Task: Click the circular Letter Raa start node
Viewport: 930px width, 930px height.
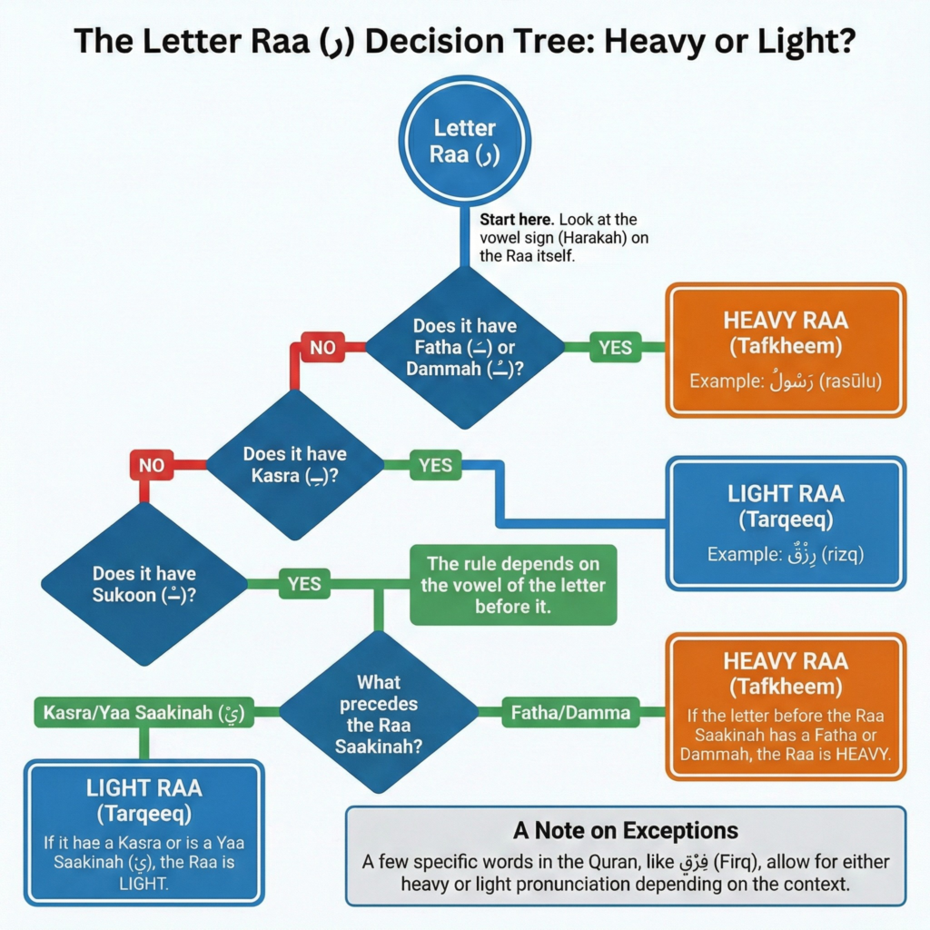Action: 464,141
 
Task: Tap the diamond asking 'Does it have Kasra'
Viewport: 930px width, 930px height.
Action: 295,463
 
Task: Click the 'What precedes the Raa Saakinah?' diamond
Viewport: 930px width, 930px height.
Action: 379,714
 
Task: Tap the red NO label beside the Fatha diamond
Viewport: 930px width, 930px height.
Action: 322,346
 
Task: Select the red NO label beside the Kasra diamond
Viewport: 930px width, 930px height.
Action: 152,466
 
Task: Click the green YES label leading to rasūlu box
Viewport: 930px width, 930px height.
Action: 616,346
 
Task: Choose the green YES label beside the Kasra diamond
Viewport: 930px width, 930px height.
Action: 436,465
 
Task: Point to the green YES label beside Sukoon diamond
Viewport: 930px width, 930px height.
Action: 304,583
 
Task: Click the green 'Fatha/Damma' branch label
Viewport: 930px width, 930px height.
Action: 570,713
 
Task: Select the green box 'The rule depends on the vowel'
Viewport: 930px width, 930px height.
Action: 512,585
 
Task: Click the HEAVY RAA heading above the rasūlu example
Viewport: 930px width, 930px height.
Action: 786,320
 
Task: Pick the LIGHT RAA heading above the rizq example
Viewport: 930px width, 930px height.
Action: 786,494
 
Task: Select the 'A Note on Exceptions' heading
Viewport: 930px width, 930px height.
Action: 625,830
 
